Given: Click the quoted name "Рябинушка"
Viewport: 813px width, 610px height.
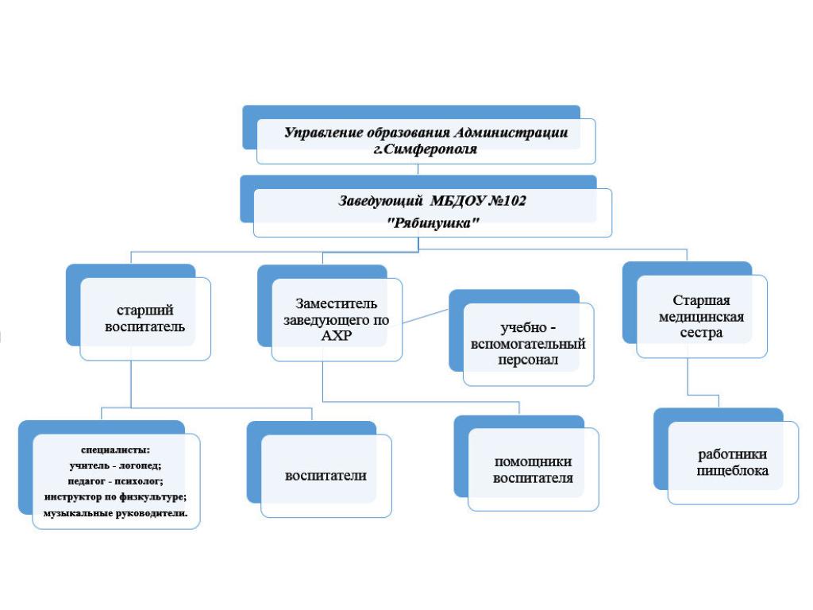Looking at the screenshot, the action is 433,223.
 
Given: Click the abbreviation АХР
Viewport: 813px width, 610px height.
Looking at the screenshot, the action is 337,336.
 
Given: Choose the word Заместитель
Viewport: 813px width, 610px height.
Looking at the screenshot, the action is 336,303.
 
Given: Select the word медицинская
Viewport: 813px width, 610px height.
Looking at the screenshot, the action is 701,317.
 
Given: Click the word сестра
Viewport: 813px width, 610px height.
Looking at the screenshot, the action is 701,333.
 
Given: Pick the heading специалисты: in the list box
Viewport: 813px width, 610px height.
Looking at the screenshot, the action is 116,450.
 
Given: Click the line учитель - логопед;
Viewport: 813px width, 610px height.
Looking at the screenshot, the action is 115,465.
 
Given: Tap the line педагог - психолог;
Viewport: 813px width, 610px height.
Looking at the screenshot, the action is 115,481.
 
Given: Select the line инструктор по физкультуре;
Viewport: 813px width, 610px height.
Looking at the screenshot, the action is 115,497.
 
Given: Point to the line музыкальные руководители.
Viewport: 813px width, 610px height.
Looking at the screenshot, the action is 115,513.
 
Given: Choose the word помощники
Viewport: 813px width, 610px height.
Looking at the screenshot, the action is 533,461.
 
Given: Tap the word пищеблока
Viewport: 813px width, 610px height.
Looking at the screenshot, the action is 732,471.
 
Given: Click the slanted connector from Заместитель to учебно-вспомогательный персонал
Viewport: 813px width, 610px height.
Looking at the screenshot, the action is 426,316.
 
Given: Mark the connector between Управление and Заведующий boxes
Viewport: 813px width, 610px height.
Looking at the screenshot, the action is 418,170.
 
